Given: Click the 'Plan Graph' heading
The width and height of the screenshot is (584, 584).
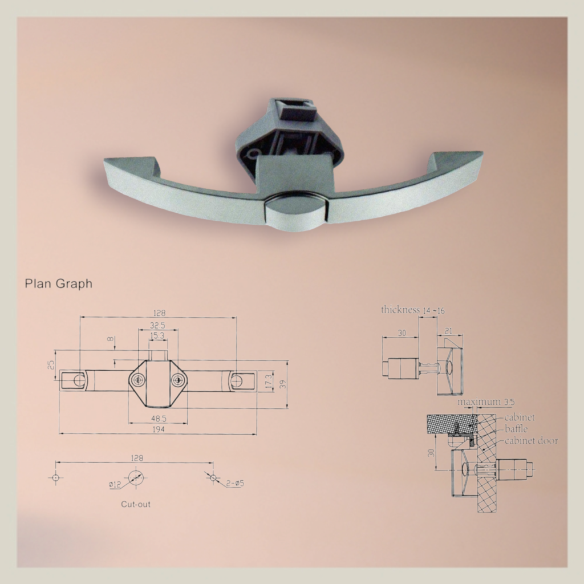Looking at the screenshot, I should [x=58, y=283].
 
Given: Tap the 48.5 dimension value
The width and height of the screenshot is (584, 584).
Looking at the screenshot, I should [x=159, y=419].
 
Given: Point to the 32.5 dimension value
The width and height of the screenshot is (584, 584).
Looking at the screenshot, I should [x=157, y=325].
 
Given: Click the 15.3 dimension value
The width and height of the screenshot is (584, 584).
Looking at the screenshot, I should [x=157, y=336].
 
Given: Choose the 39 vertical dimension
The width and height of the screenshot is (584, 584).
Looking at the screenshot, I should [x=282, y=384].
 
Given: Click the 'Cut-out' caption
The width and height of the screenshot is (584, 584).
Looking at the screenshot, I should [x=136, y=504].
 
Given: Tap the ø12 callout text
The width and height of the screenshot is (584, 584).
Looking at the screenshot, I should [x=115, y=485].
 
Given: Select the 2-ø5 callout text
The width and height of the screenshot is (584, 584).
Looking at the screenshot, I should [x=234, y=484].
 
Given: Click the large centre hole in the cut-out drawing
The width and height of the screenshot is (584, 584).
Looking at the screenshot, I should [x=135, y=477].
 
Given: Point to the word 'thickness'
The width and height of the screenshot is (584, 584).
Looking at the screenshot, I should [x=400, y=310].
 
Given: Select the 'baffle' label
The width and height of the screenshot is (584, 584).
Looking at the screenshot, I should [x=516, y=429].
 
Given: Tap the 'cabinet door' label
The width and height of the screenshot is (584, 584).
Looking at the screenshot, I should [x=531, y=440].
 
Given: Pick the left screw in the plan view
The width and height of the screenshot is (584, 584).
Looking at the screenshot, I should [x=137, y=380].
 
